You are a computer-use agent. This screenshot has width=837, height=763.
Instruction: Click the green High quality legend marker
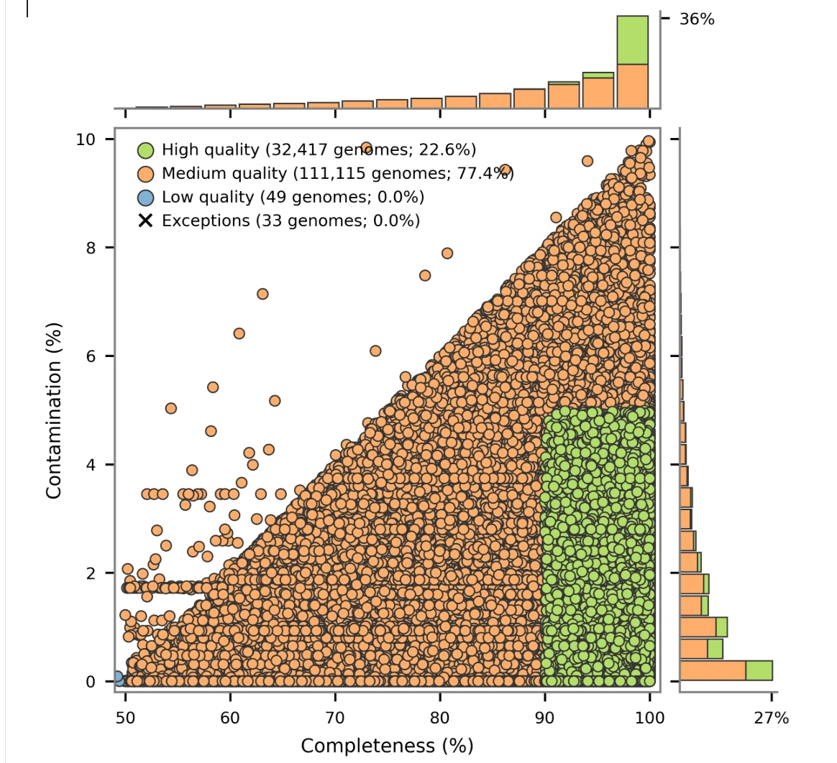point(146,150)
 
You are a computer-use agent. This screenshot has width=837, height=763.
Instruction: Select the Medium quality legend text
point(337,173)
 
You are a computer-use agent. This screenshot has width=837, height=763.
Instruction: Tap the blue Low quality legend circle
point(146,198)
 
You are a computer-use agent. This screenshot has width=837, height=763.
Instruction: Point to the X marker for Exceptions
point(146,221)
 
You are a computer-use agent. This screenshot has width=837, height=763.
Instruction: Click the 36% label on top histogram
point(696,19)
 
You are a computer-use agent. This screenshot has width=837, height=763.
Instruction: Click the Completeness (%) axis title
point(387,746)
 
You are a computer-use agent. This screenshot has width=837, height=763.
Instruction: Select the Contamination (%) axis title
point(53,410)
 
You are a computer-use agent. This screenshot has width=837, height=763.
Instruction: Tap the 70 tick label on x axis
point(335,718)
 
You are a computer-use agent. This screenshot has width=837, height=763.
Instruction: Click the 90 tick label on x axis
point(545,718)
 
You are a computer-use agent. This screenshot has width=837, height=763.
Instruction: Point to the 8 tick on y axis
point(91,248)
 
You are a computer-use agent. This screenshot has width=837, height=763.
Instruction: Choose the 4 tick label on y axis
point(91,465)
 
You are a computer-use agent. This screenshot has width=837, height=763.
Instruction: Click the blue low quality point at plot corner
point(117,678)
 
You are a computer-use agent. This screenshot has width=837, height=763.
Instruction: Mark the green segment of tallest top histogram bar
point(632,40)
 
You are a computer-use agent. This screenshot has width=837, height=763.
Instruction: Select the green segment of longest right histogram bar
point(759,670)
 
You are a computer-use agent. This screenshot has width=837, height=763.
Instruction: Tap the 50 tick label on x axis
point(125,718)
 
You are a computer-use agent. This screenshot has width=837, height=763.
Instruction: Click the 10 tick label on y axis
point(86,139)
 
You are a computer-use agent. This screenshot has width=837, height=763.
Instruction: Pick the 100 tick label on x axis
point(650,718)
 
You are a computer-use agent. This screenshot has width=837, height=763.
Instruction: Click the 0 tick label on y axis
point(91,682)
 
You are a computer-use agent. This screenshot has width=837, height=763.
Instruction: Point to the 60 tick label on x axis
point(230,718)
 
